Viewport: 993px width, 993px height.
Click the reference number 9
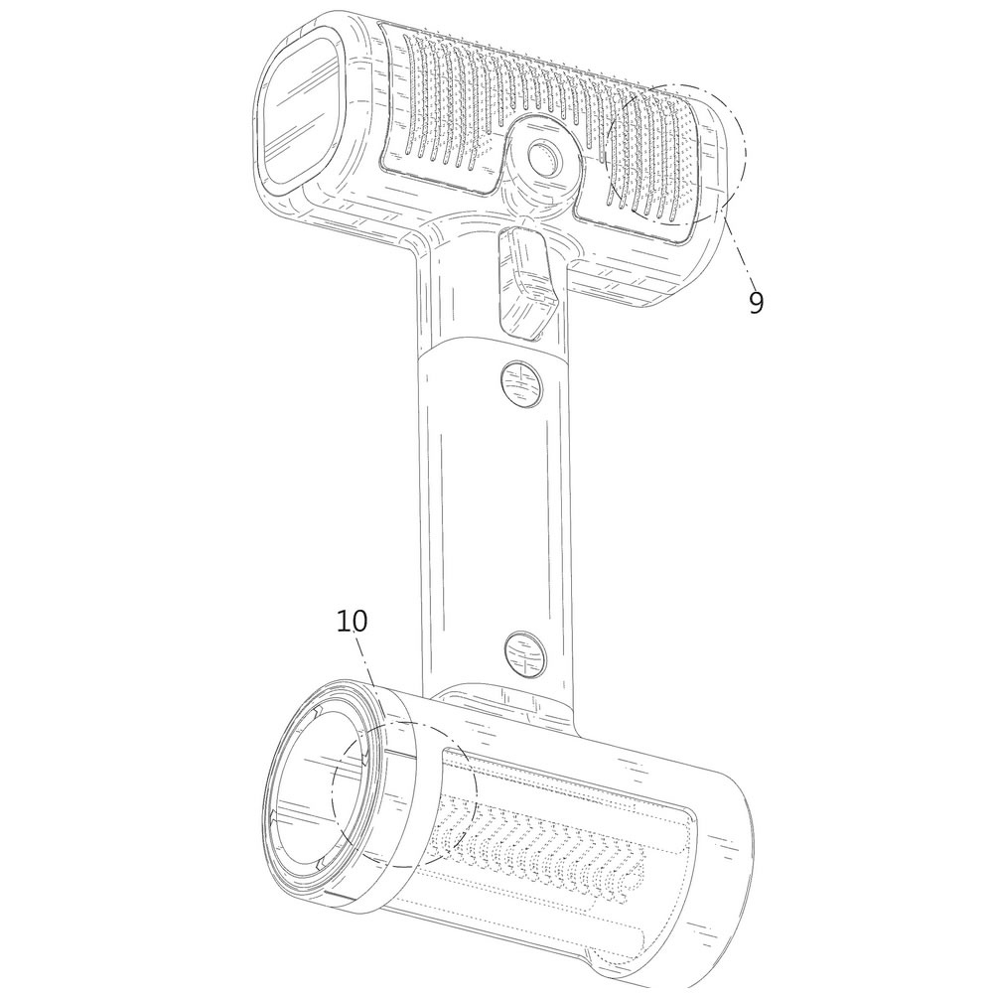756,303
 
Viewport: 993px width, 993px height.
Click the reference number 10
352,622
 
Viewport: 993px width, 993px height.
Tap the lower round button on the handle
525,653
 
